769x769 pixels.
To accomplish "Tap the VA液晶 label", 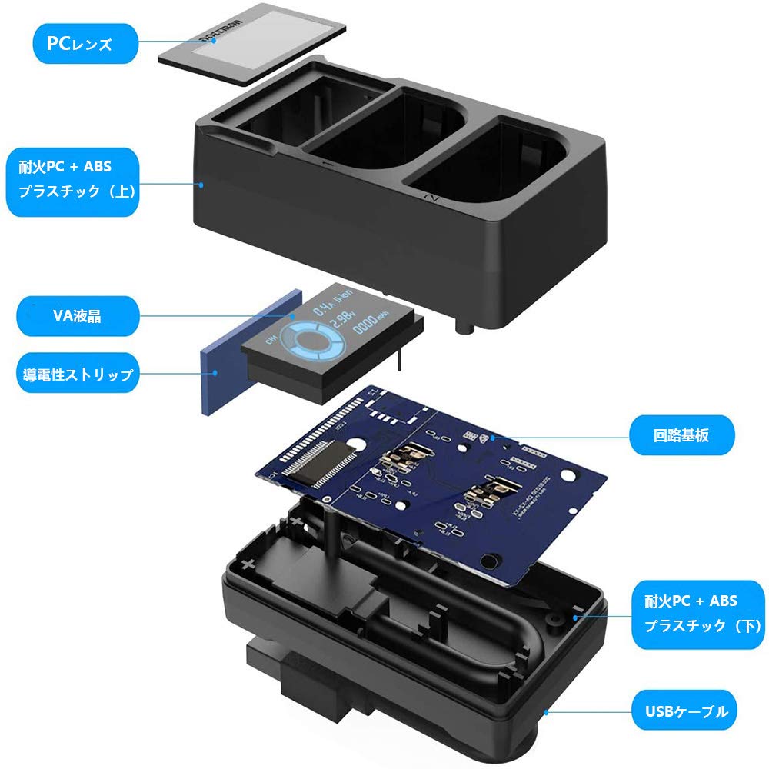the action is pos(77,315).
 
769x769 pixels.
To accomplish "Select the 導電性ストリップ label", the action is pos(77,375).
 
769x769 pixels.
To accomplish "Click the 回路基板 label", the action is pos(682,435).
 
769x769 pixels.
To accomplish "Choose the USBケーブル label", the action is pos(682,711).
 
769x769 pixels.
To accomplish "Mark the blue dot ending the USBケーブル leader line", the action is pos(544,711).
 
